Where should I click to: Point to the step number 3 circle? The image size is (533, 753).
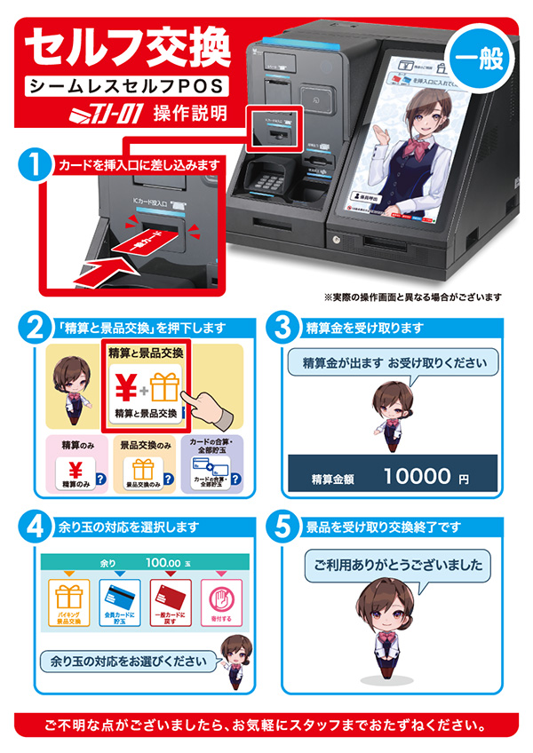tap(282, 329)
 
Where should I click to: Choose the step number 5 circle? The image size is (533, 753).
tap(282, 527)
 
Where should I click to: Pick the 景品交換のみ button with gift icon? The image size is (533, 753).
tap(144, 472)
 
